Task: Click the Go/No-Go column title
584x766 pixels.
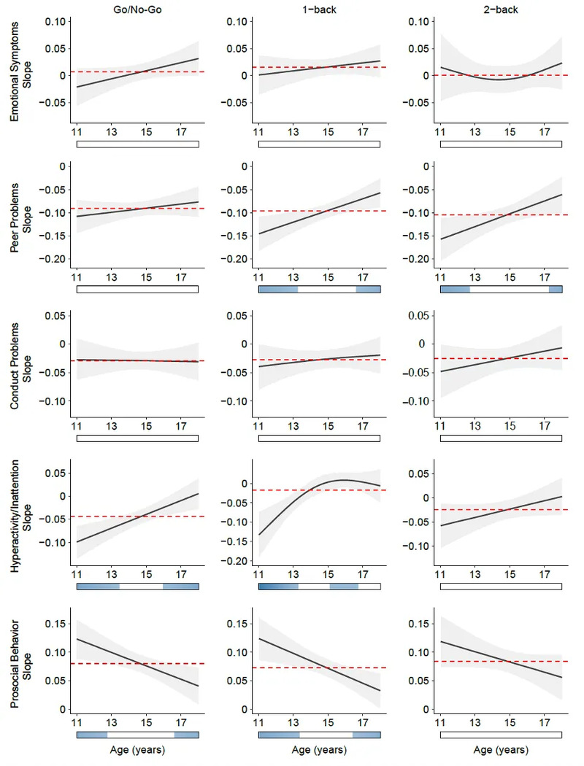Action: click(x=137, y=9)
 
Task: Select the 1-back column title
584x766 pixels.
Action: click(x=319, y=9)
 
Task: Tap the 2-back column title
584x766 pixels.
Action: click(x=501, y=9)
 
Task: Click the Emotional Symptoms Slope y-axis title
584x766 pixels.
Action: click(x=20, y=71)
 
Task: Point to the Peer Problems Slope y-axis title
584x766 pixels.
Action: click(x=20, y=217)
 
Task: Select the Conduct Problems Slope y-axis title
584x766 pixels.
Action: click(x=20, y=365)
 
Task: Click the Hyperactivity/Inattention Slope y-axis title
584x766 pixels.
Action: click(x=20, y=516)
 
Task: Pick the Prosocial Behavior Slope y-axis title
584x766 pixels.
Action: click(x=20, y=664)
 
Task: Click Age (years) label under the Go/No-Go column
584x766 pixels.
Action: click(x=137, y=750)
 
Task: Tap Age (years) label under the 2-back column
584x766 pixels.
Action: click(x=501, y=750)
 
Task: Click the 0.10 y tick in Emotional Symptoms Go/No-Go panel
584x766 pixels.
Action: click(x=55, y=21)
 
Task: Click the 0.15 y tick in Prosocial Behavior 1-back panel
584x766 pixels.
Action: click(x=237, y=624)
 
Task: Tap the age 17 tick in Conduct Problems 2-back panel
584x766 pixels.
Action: click(x=545, y=426)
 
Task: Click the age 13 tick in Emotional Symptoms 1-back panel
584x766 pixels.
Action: click(x=293, y=132)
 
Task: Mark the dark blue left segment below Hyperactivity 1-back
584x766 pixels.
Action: click(x=278, y=587)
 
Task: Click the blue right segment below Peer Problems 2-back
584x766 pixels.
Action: click(x=556, y=290)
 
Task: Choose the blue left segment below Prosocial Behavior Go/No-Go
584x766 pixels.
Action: click(x=92, y=735)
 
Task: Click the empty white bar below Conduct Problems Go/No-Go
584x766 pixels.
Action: click(x=137, y=438)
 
